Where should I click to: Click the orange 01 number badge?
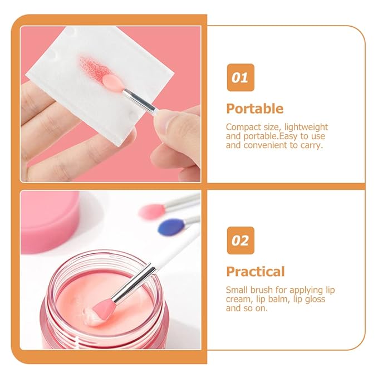click(240, 77)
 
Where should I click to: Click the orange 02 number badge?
click(240, 240)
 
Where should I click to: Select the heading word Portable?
click(254, 109)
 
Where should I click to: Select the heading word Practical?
click(255, 272)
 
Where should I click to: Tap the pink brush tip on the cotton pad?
click(113, 83)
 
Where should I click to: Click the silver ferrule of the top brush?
click(139, 100)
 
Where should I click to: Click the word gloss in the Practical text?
click(314, 299)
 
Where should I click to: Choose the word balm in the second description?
click(281, 299)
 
